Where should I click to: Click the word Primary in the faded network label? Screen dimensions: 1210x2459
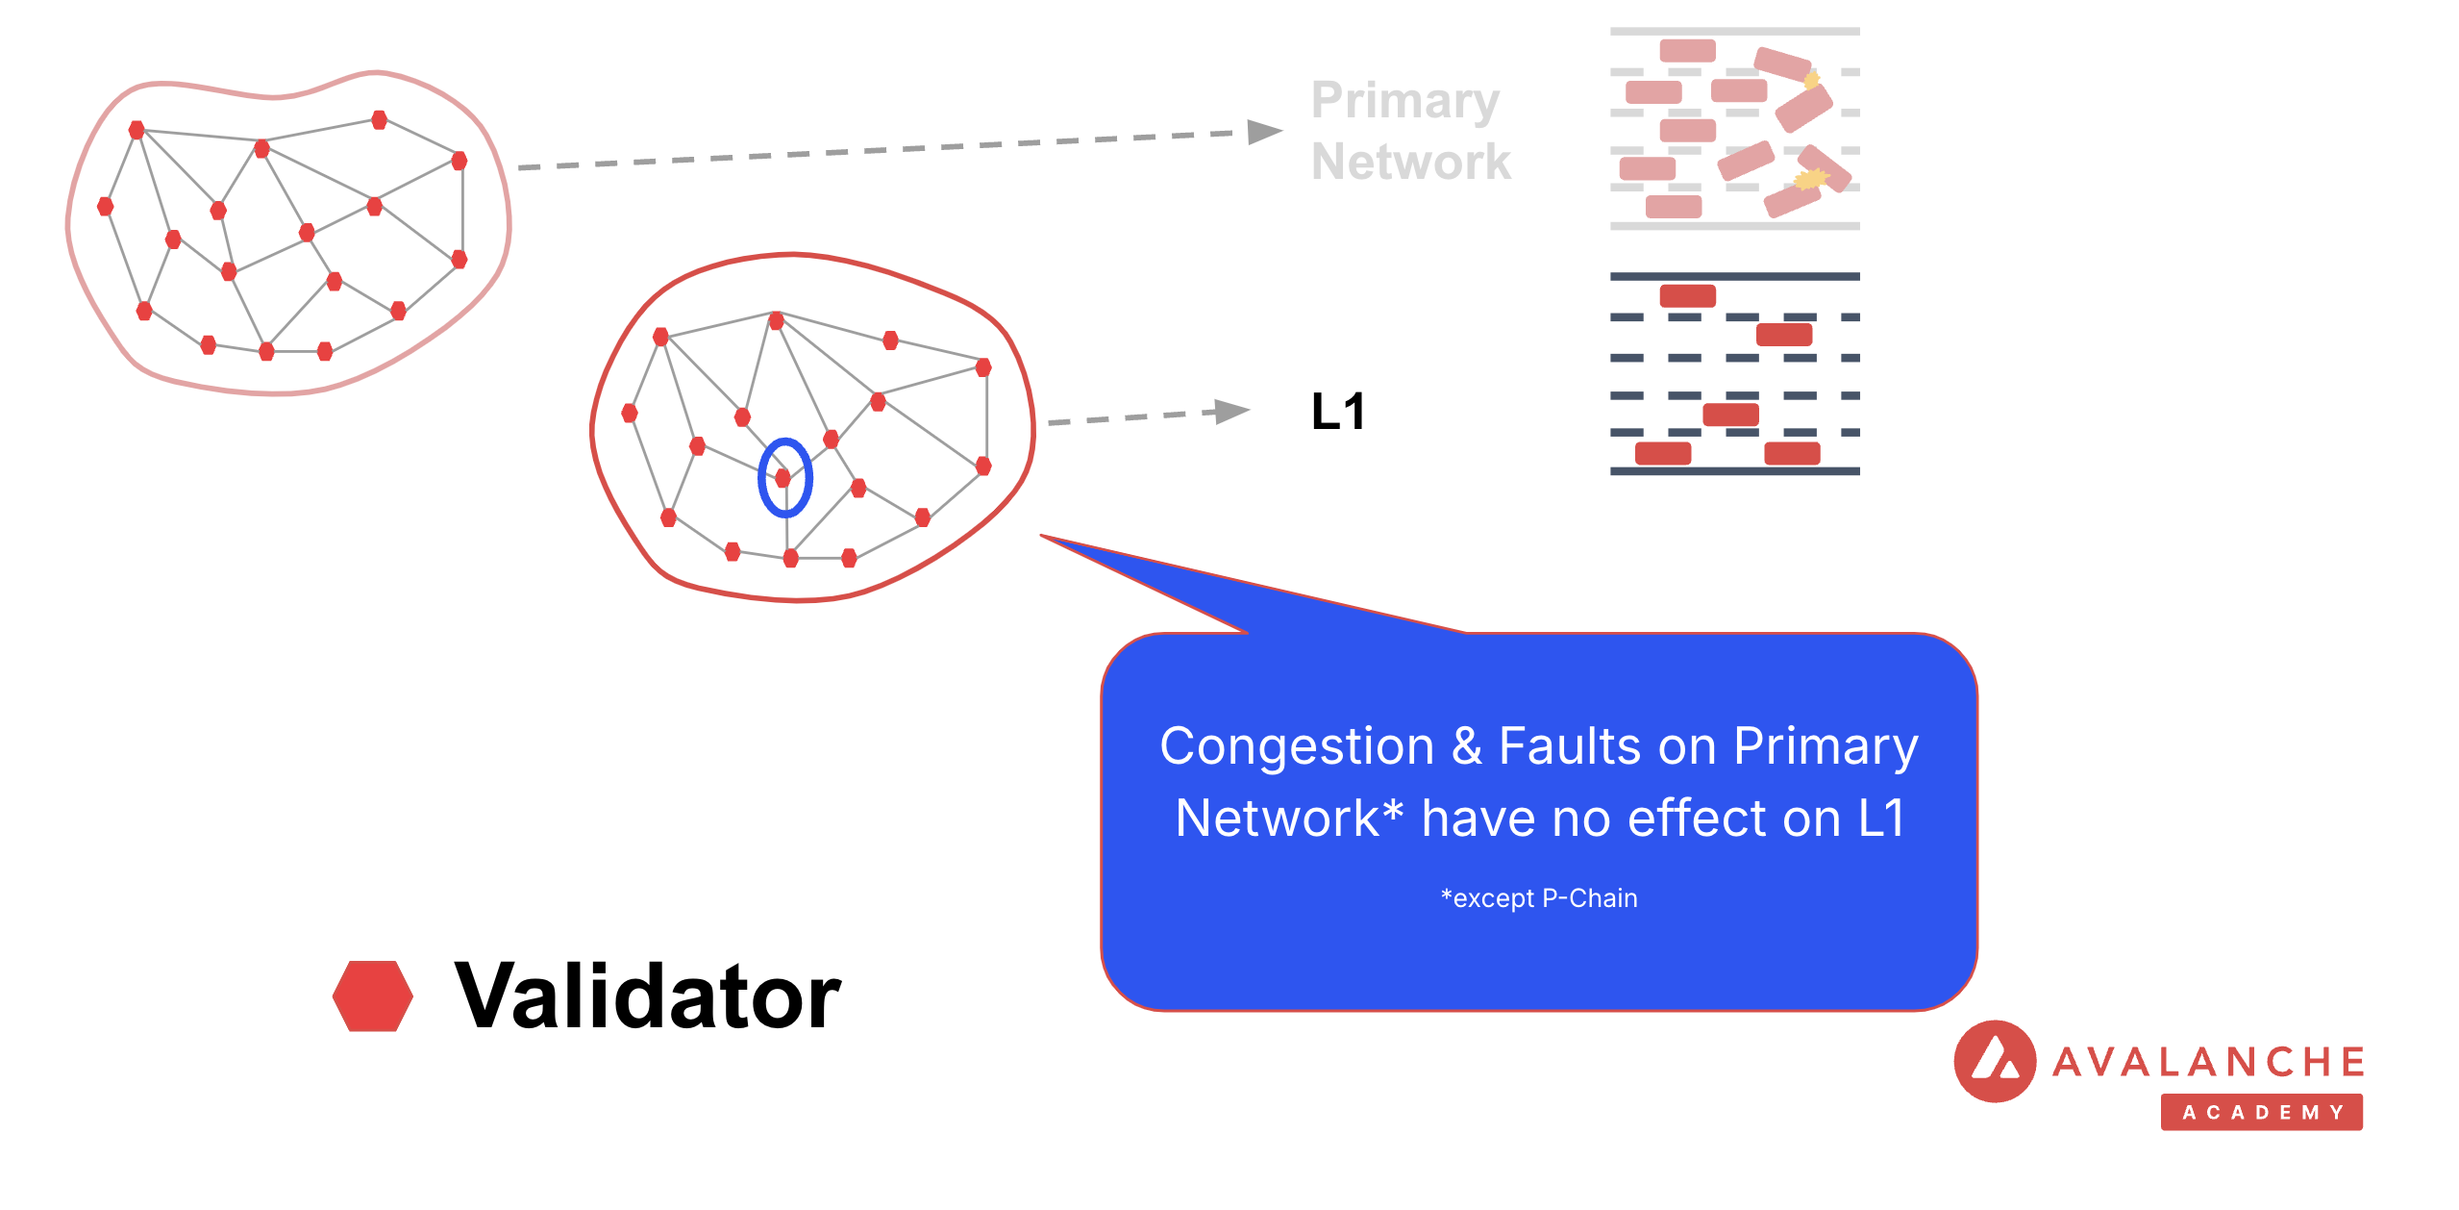click(1404, 101)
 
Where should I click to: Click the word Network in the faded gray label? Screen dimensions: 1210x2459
click(1410, 162)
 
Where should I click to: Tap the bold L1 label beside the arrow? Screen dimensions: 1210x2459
click(1337, 412)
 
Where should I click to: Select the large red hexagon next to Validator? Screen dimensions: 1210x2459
click(373, 996)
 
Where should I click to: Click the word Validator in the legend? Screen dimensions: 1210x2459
click(648, 996)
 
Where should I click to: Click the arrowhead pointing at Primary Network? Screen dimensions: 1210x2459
click(1263, 131)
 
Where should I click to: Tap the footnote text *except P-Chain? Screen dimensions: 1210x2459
click(1538, 898)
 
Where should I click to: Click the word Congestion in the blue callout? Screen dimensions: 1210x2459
click(1297, 746)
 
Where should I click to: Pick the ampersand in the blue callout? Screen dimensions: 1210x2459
click(1467, 746)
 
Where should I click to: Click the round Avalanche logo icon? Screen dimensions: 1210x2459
click(1995, 1061)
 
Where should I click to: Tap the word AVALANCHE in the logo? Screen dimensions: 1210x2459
click(2209, 1062)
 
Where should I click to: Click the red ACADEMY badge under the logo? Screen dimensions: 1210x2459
click(2261, 1112)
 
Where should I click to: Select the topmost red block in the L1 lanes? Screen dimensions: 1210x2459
click(1687, 295)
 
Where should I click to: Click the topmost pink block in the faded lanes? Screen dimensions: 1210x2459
click(1687, 50)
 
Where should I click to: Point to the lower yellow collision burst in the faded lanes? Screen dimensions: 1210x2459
click(1810, 179)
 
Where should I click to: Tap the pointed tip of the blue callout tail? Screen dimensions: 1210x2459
click(1044, 536)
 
